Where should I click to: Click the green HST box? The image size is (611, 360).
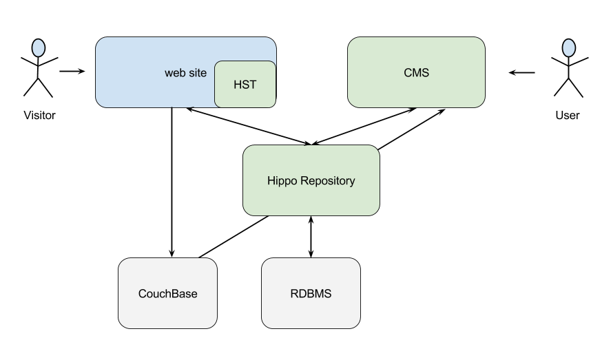[245, 85]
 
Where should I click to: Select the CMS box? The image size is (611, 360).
[416, 72]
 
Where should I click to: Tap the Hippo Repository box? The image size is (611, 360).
[311, 180]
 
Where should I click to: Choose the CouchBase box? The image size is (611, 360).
[168, 293]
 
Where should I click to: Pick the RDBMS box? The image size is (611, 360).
[311, 293]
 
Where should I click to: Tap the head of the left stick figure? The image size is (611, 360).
[39, 48]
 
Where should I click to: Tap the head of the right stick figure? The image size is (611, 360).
[568, 48]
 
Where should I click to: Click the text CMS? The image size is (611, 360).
[416, 72]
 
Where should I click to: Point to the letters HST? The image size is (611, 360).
[246, 85]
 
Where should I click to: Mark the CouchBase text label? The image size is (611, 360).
[168, 293]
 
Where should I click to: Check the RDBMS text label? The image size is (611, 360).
[311, 293]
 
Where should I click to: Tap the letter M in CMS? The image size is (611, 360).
[416, 72]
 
